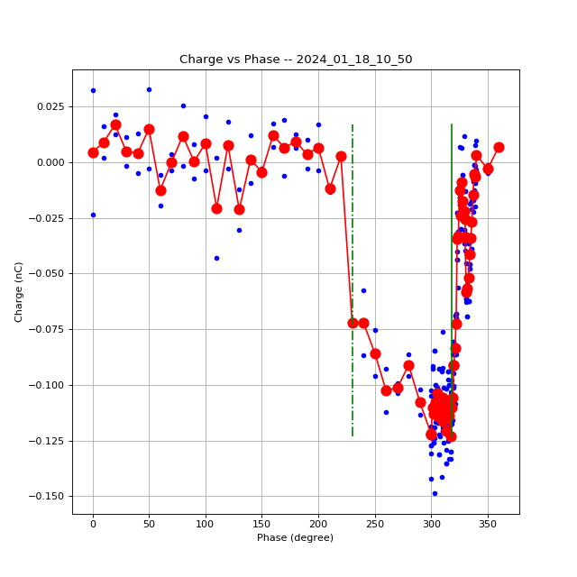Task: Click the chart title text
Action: (296, 60)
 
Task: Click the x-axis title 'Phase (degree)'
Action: (295, 538)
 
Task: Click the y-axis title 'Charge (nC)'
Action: (19, 291)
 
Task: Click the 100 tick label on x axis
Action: (206, 524)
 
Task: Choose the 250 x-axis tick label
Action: (375, 524)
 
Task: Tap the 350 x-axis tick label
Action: (488, 524)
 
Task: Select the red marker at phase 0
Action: (93, 152)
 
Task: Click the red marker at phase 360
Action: (499, 147)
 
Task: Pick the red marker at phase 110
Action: (216, 208)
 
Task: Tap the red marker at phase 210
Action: (330, 188)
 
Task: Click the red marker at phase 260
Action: (386, 390)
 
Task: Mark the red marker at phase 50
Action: (149, 129)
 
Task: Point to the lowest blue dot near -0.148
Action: (435, 493)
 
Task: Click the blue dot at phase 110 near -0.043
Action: (216, 258)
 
